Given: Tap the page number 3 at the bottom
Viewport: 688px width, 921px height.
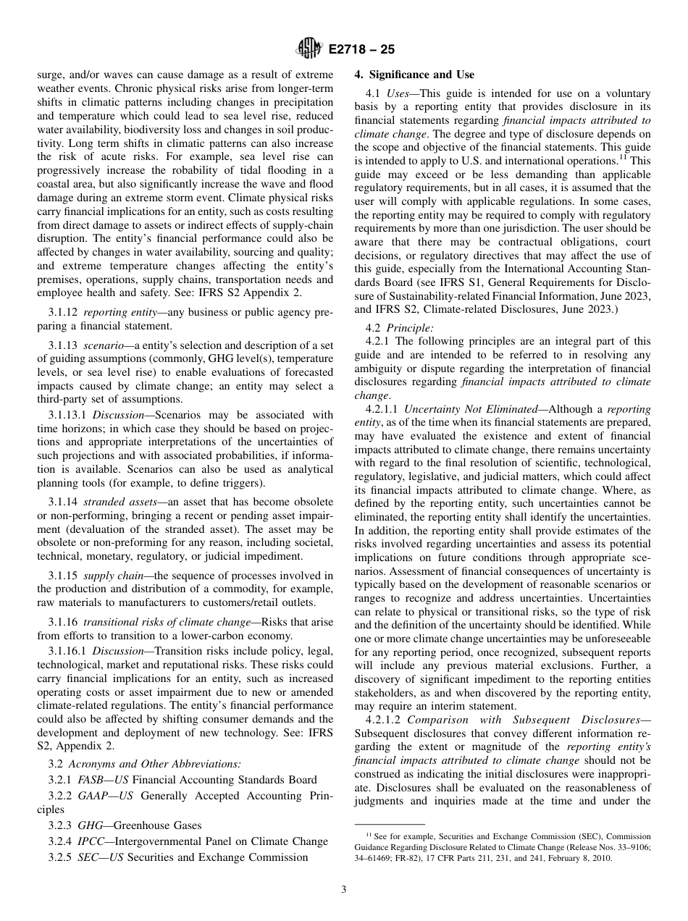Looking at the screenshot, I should (x=344, y=890).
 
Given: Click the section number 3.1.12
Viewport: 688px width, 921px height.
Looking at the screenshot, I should (x=64, y=311).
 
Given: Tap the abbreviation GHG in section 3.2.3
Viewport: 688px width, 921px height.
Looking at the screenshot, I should (x=91, y=825).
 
